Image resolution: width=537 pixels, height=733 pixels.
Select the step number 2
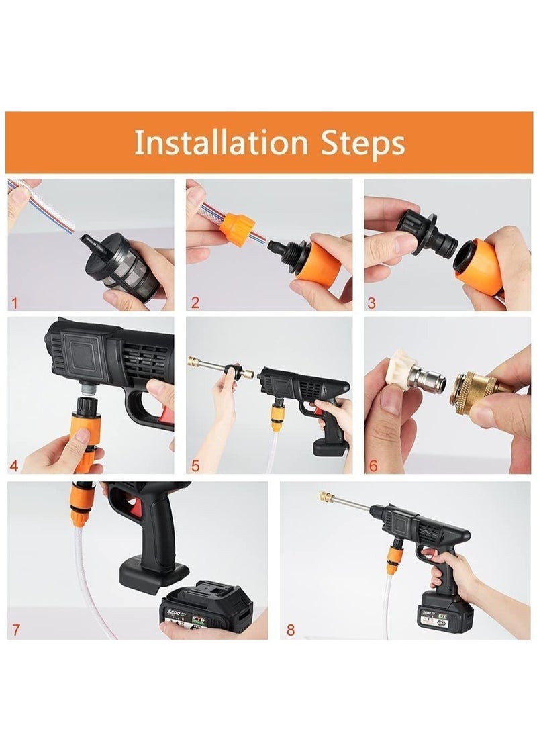coord(195,302)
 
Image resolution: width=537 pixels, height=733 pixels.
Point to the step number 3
coord(371,302)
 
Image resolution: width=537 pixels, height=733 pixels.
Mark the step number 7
coord(15,630)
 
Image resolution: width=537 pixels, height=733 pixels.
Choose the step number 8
coord(290,630)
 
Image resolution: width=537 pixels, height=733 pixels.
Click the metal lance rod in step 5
coord(215,369)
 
